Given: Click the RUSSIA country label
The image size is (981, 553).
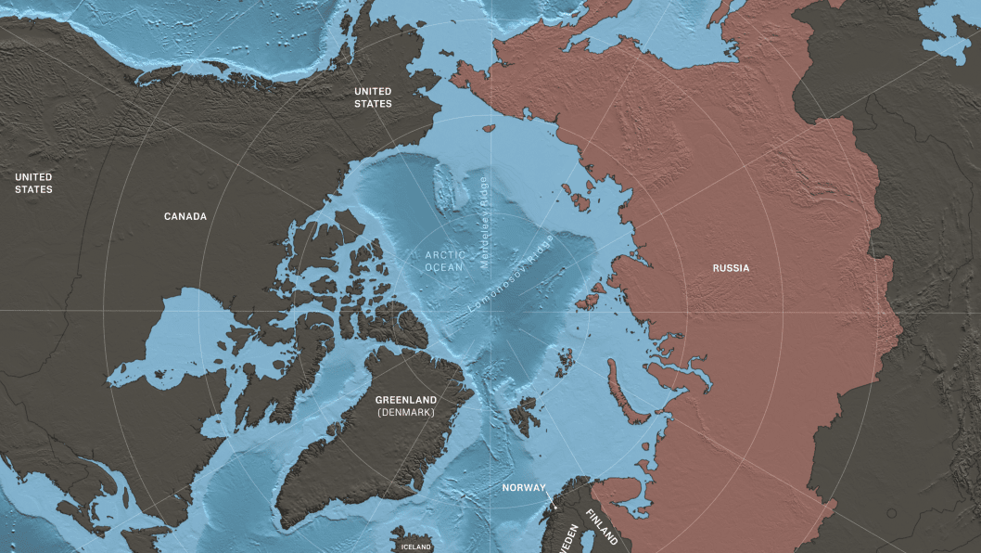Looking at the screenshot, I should [731, 268].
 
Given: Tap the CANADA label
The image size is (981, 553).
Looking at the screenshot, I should [185, 216].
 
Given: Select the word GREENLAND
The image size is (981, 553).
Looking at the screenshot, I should [406, 400].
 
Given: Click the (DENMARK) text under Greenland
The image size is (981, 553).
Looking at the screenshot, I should [406, 412].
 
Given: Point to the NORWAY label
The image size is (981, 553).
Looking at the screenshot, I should [524, 487].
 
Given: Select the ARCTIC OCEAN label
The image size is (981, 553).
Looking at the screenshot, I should [443, 261].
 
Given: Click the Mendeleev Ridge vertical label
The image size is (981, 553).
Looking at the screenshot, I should [483, 222].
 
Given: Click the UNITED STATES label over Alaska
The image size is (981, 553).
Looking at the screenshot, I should [373, 97].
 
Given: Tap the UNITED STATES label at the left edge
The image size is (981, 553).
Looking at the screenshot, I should [33, 183].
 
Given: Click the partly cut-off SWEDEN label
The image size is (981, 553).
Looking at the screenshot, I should [570, 538].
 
